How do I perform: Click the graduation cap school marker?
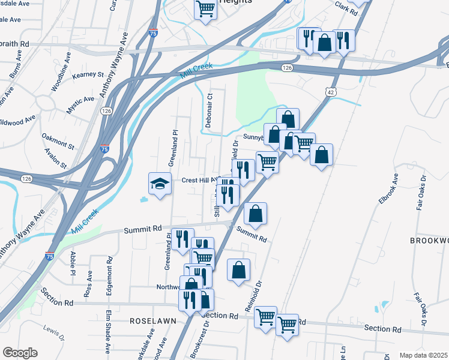point(160,184)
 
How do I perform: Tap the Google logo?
point(19,353)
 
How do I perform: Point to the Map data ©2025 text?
point(423,355)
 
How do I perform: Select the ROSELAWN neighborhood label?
point(153,321)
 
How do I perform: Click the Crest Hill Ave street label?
point(199,180)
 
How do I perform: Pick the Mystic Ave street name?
point(80,106)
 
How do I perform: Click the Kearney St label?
point(88,74)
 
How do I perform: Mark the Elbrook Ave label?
point(388,189)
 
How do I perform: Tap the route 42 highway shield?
point(331,91)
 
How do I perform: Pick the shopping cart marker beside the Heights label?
point(205,9)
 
